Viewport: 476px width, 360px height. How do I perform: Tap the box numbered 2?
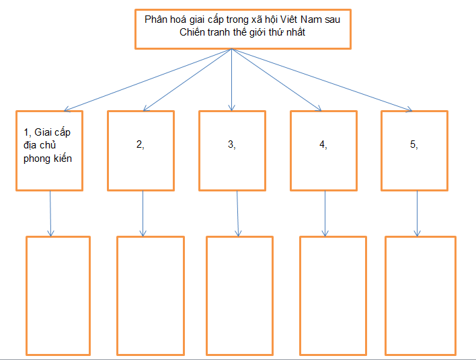click(141, 149)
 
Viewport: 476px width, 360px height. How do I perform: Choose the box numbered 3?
click(232, 149)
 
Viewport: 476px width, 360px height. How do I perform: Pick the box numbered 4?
click(324, 149)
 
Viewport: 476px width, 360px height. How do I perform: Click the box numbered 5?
click(415, 149)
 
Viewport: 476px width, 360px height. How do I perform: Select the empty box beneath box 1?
click(58, 295)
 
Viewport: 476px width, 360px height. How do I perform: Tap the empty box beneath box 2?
click(149, 295)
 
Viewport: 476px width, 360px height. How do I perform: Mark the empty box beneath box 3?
click(239, 295)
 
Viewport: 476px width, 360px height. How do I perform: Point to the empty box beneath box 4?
click(333, 295)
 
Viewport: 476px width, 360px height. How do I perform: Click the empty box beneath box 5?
click(421, 295)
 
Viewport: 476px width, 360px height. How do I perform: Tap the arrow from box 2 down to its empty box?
click(143, 213)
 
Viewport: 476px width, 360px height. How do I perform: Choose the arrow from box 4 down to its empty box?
click(325, 213)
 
